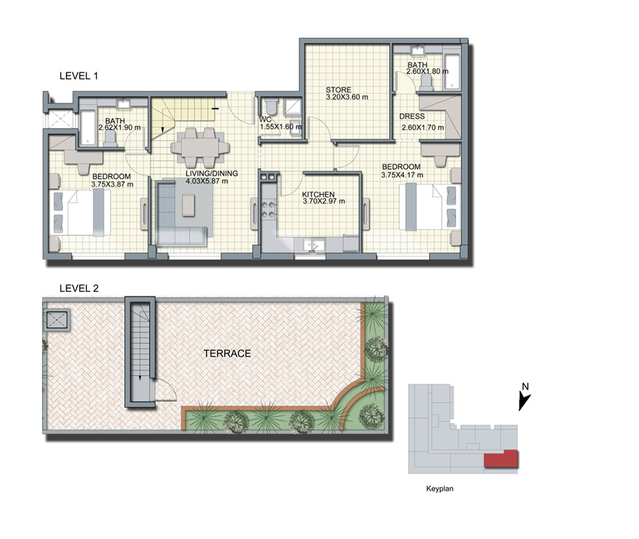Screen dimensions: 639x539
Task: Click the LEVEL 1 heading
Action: click(x=79, y=76)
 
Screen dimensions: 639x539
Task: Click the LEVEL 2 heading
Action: click(x=79, y=288)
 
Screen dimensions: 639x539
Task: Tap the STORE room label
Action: click(x=338, y=90)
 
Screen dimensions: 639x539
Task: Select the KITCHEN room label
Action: click(x=318, y=194)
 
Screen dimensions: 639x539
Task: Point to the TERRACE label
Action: click(x=227, y=354)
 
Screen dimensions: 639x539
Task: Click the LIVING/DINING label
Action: click(x=211, y=174)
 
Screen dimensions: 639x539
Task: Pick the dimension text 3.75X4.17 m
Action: click(x=402, y=175)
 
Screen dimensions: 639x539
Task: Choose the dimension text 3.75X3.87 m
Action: click(x=112, y=184)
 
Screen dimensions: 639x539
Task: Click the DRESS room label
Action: click(x=412, y=116)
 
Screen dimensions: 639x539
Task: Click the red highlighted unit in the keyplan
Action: click(x=501, y=458)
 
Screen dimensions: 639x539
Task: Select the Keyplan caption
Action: click(x=440, y=488)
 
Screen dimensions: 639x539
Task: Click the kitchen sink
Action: click(x=314, y=245)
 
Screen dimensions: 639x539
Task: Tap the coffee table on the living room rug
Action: click(x=189, y=205)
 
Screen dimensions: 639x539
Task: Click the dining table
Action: click(x=200, y=147)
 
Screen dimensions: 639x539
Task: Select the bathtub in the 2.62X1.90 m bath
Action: click(x=88, y=128)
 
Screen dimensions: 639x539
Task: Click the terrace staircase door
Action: click(x=166, y=390)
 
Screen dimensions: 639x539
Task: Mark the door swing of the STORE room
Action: click(x=320, y=129)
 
